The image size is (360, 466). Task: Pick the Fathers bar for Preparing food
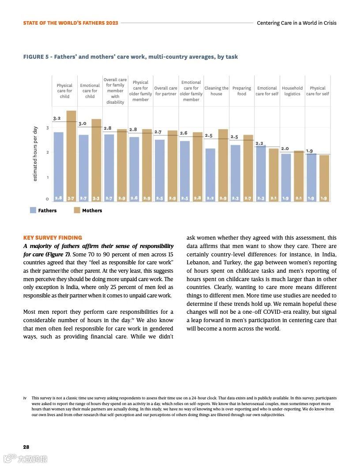point(236,173)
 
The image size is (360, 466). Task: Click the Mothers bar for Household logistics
point(299,176)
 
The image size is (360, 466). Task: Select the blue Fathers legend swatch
point(33,210)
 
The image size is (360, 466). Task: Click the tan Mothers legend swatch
point(77,210)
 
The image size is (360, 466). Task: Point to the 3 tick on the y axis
point(48,128)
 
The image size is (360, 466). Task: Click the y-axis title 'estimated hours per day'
point(35,154)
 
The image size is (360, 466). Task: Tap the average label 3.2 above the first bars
point(56,118)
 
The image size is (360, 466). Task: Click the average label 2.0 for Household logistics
point(285,149)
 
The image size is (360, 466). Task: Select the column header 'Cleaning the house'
point(216,91)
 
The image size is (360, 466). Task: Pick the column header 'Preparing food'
point(242,91)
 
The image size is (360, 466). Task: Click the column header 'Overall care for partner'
point(165,91)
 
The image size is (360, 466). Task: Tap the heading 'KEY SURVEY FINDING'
point(52,238)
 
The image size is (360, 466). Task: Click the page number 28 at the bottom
point(26,447)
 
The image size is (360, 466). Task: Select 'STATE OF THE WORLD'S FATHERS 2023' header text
point(71,23)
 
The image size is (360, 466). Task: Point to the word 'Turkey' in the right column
point(223,263)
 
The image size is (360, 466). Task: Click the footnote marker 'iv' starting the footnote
point(25,398)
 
